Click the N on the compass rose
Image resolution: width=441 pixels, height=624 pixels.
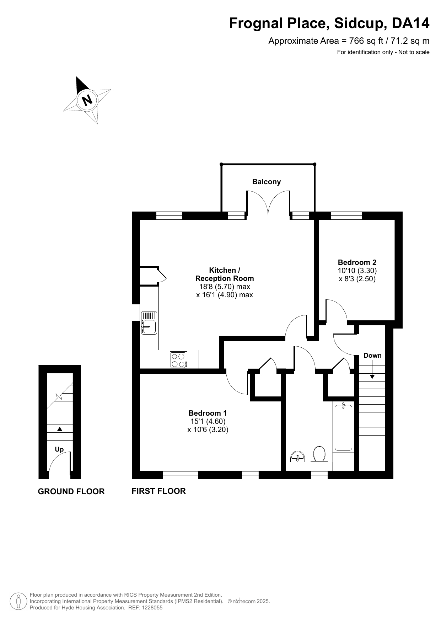[x=87, y=100]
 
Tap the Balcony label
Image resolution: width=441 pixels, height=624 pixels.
[x=267, y=182]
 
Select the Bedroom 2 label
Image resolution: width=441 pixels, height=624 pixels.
[x=357, y=262]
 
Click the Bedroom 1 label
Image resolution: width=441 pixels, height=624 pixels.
[x=208, y=413]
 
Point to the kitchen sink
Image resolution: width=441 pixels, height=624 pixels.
[x=149, y=323]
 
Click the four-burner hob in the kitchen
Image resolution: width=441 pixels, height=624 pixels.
[x=179, y=359]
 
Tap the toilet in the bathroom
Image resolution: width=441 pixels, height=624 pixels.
[x=319, y=454]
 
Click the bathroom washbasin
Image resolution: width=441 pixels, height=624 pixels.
[x=298, y=457]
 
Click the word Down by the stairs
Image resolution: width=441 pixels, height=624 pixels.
[x=372, y=356]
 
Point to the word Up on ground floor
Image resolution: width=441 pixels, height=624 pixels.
[x=59, y=449]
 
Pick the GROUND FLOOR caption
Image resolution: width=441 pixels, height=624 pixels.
[x=71, y=491]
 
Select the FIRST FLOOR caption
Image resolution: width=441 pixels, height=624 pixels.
[x=159, y=491]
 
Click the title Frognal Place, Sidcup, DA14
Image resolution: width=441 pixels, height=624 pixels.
[x=329, y=23]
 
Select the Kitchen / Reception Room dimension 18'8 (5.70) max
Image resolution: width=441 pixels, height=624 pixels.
[x=225, y=287]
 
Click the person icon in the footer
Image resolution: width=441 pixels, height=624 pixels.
[x=18, y=601]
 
